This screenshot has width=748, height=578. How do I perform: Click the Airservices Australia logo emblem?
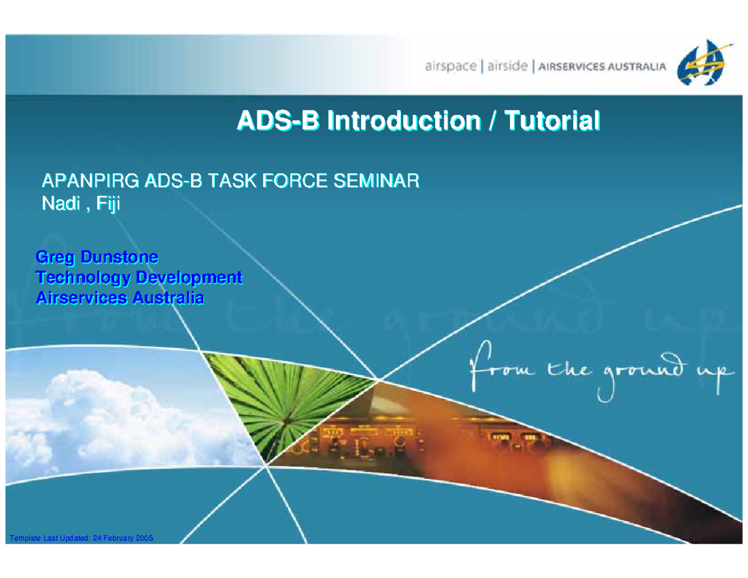[x=702, y=62]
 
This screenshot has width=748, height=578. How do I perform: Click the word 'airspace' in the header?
[x=451, y=65]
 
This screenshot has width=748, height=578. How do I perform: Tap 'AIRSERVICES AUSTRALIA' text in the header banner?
[x=602, y=67]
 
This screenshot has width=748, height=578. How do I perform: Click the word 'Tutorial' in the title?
[x=552, y=120]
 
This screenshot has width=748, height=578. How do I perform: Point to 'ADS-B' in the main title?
[x=278, y=120]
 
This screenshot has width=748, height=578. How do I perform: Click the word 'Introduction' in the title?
[x=403, y=120]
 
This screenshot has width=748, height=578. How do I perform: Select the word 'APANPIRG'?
[x=90, y=180]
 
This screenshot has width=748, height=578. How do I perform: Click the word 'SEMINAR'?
[x=376, y=180]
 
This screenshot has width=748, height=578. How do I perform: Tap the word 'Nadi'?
[x=61, y=203]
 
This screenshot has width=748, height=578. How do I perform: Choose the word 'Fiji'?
[x=108, y=204]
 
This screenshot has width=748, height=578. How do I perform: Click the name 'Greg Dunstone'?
[x=97, y=257]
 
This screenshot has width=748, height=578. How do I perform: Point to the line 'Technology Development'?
[x=139, y=277]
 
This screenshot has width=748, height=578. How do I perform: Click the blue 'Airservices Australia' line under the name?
[x=120, y=297]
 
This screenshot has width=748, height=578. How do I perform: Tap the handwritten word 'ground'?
[x=642, y=375]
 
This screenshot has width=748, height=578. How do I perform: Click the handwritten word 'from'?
[x=502, y=366]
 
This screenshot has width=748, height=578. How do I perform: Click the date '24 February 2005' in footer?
[x=123, y=537]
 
